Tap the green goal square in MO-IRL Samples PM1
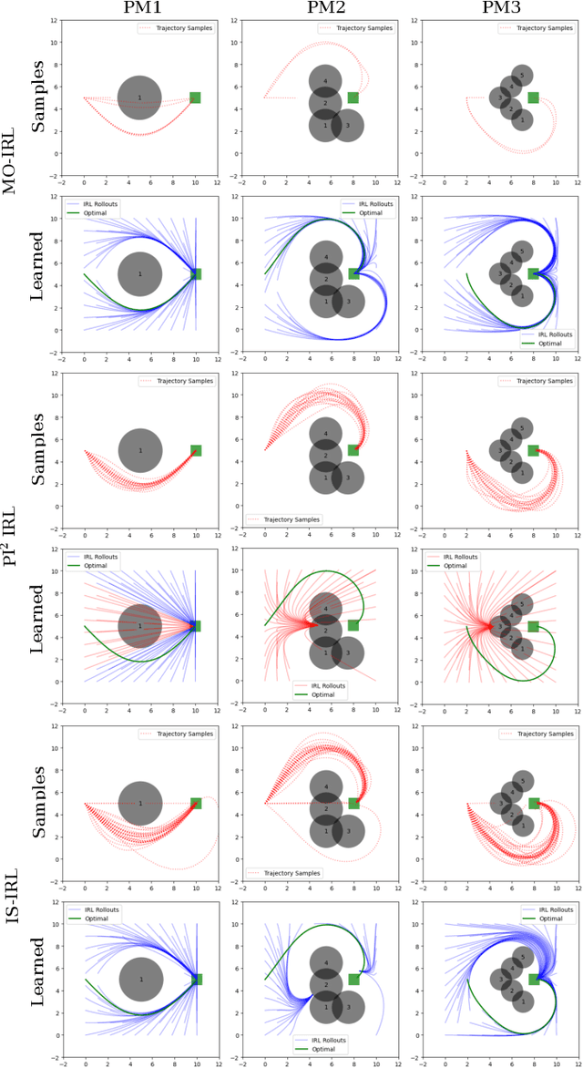195,98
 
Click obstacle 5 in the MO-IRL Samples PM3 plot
521,75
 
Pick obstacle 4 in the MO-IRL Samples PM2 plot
324,81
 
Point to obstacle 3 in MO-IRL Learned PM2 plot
346,301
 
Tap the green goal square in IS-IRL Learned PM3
534,979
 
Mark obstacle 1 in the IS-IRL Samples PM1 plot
139,803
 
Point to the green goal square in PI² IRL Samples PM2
353,450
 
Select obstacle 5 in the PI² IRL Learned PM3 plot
521,603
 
